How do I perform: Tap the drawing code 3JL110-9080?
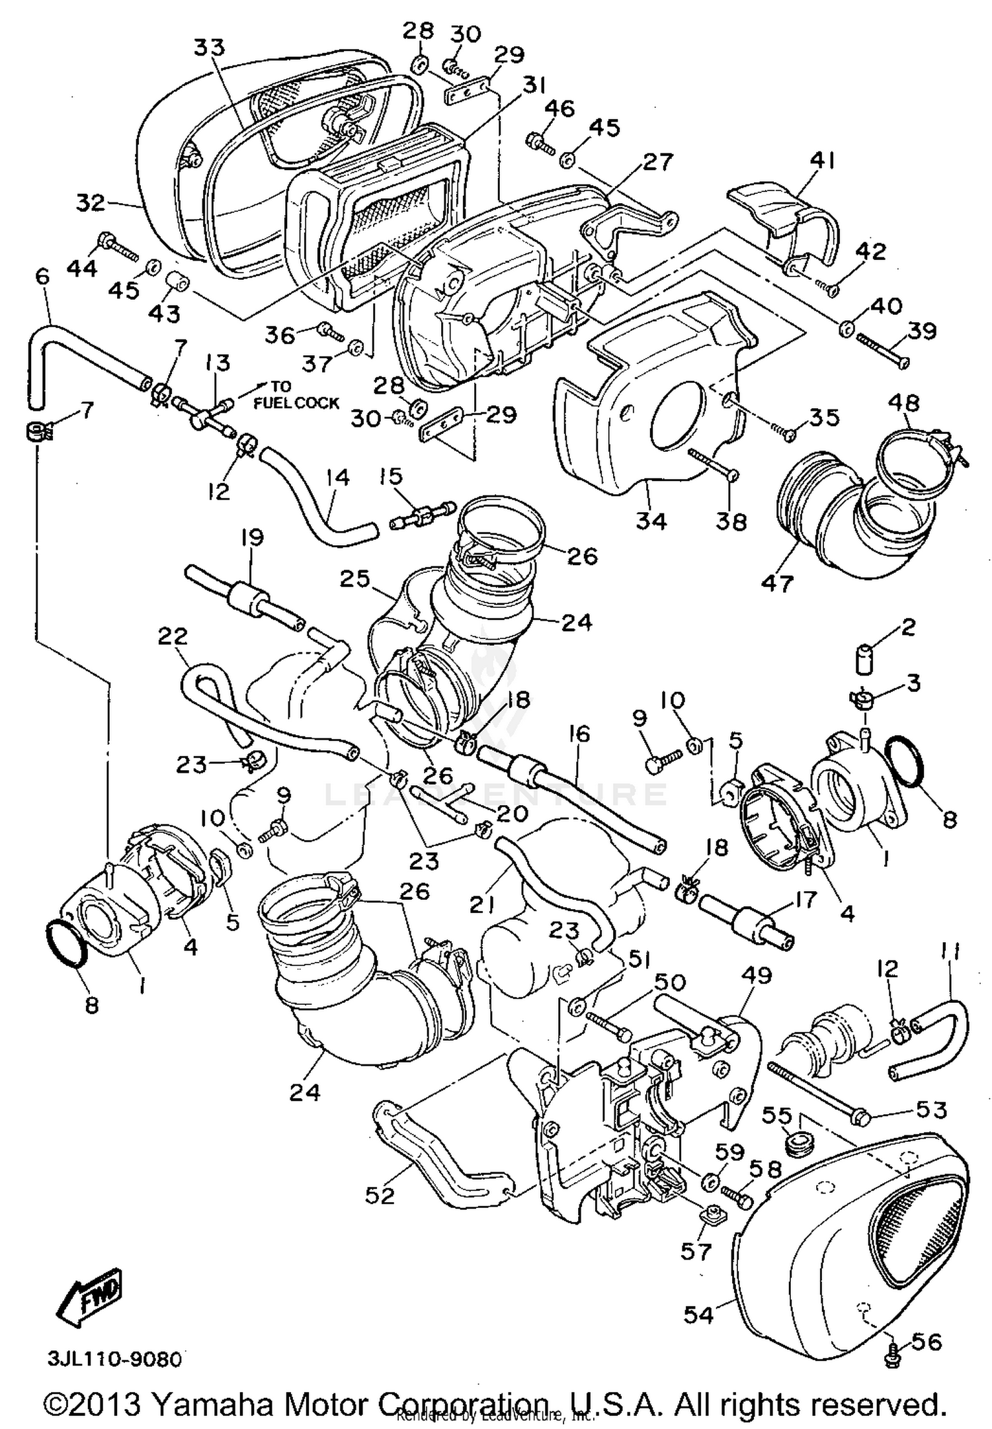tap(114, 1360)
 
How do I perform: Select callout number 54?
tap(698, 1315)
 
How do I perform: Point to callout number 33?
tap(210, 48)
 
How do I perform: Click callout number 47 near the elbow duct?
tap(777, 584)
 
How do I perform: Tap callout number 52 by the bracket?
tap(380, 1195)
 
